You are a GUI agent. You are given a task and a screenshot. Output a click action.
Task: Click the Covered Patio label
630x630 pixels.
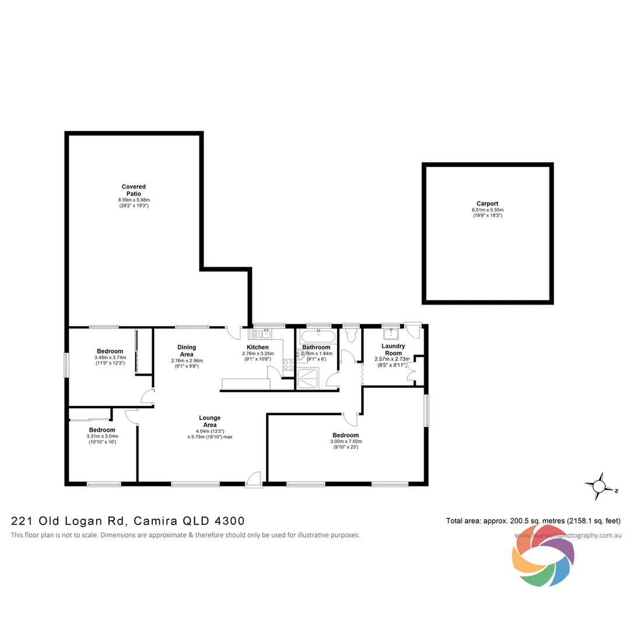[134, 190]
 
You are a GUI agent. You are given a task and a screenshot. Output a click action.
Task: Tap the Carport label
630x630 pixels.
[487, 204]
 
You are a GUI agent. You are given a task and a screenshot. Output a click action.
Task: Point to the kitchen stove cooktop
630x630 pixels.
[288, 365]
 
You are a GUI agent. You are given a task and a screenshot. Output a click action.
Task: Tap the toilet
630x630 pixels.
[351, 335]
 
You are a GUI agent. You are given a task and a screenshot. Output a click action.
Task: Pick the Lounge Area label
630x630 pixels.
[209, 421]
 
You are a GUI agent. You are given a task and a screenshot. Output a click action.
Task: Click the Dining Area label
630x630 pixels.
[187, 351]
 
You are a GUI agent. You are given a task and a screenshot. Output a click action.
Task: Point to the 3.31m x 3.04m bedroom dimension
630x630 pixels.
[102, 436]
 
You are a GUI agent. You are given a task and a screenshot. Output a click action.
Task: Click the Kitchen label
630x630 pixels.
[258, 347]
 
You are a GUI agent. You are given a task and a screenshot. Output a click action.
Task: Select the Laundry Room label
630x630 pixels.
[393, 349]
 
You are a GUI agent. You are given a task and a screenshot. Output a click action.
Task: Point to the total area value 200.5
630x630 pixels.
[512, 521]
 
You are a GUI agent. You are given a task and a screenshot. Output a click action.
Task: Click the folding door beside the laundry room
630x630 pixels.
[362, 374]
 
